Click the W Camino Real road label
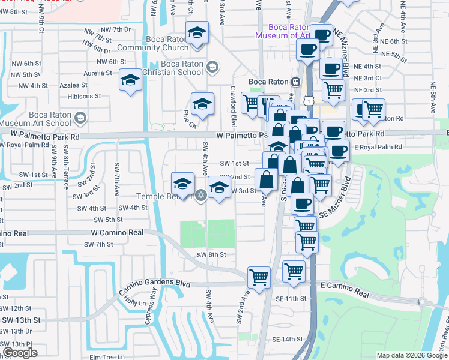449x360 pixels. (x=118, y=232)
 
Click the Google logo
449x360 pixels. (x=20, y=352)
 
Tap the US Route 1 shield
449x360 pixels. (x=307, y=102)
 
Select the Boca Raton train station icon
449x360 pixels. (x=295, y=82)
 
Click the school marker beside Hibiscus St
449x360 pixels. (x=130, y=80)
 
